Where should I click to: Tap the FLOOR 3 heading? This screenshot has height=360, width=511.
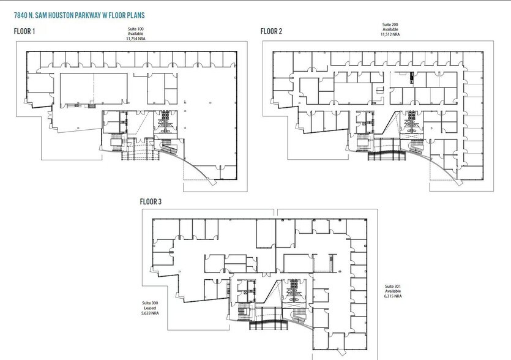tap(152, 201)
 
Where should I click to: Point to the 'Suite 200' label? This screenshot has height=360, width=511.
tap(390, 24)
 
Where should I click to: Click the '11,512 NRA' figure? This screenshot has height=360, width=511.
tap(390, 34)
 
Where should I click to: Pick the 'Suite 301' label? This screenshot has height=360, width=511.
tap(393, 286)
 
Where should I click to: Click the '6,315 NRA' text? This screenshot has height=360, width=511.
tap(393, 296)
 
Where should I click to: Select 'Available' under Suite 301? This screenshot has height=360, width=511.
tap(393, 291)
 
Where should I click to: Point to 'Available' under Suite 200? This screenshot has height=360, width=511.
tap(390, 29)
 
